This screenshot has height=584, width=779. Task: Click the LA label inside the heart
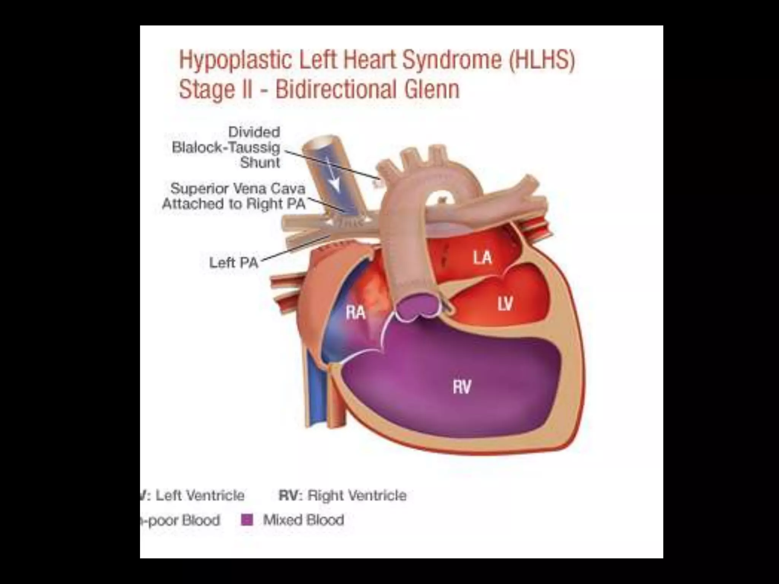click(x=482, y=258)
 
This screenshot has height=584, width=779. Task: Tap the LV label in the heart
click(x=505, y=303)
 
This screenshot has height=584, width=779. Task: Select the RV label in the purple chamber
click(x=462, y=387)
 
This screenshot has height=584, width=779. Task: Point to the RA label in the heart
click(x=356, y=313)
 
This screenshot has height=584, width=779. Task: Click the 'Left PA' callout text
click(x=234, y=263)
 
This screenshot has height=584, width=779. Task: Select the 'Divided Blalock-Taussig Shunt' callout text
click(x=226, y=148)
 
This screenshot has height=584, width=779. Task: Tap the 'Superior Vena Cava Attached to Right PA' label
click(x=234, y=196)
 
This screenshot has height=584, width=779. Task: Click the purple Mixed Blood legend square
click(x=247, y=520)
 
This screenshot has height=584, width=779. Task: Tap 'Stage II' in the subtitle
click(x=215, y=90)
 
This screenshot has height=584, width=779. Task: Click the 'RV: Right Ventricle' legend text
click(x=342, y=495)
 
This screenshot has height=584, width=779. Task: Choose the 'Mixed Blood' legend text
click(x=304, y=520)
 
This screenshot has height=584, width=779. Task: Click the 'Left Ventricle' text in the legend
click(x=200, y=495)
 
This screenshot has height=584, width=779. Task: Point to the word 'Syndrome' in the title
click(x=452, y=60)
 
